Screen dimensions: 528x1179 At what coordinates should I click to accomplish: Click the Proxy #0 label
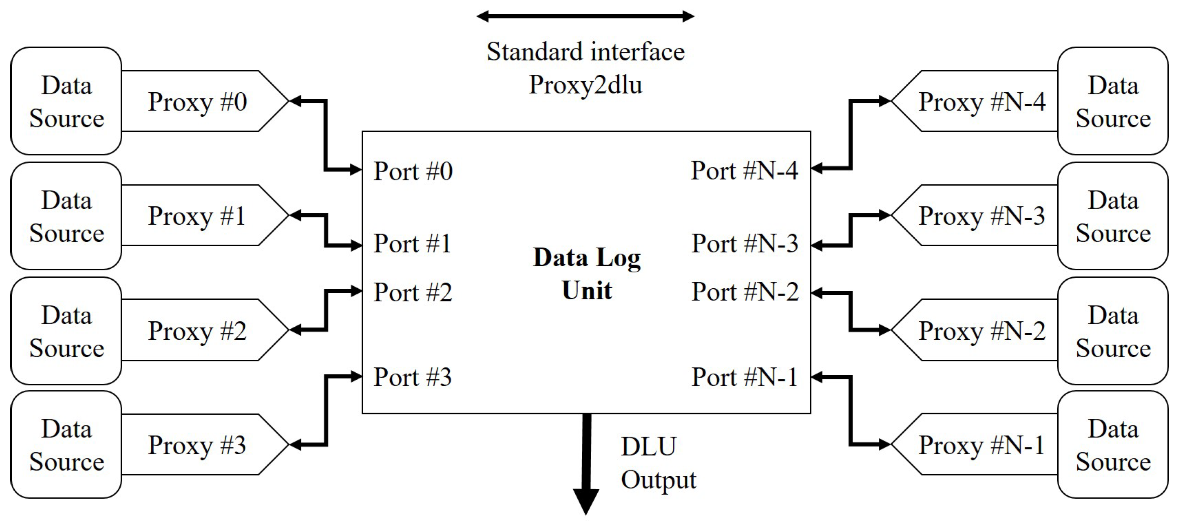(197, 102)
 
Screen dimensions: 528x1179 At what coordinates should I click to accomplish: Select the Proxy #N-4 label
(982, 102)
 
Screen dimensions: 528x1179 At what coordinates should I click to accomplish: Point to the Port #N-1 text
(744, 377)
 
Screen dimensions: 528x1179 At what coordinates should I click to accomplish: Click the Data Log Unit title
(587, 274)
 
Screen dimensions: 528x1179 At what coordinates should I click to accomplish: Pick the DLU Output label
(658, 463)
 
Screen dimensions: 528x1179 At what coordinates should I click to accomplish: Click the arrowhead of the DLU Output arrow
(586, 501)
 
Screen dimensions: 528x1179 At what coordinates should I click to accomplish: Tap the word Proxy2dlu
(585, 85)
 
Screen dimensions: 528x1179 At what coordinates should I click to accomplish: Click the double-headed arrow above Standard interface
(585, 17)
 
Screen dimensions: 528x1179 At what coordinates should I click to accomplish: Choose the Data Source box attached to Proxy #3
(66, 445)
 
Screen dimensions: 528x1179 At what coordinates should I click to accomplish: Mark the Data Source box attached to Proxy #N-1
(1113, 445)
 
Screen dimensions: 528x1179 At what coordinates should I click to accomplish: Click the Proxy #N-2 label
(982, 331)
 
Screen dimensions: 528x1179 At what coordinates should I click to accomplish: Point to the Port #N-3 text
(745, 243)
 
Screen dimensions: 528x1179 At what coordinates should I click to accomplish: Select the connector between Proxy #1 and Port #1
(326, 230)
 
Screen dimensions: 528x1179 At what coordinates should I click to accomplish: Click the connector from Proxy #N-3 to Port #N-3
(851, 230)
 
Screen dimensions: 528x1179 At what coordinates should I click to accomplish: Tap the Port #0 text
(413, 171)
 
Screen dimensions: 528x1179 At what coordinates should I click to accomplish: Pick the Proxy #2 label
(197, 331)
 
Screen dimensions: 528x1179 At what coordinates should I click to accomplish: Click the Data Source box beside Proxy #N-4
(1113, 101)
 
